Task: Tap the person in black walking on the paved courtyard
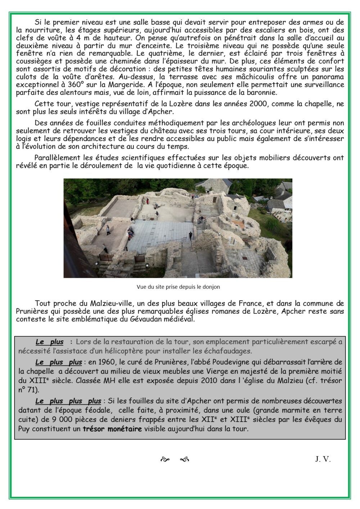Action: tap(190, 235)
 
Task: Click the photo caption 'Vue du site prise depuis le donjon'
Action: tap(178, 287)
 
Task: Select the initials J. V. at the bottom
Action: tap(323, 459)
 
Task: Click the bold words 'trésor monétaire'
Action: tap(112, 428)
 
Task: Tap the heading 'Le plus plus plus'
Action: tap(68, 401)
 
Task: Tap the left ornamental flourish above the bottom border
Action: tap(165, 459)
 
